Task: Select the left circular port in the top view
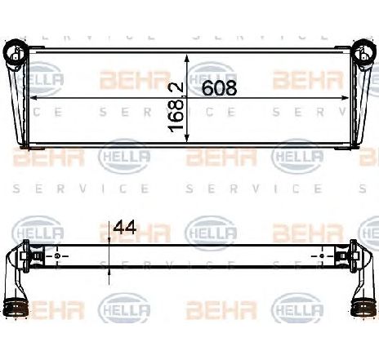(16, 55)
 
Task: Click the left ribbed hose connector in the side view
(16, 309)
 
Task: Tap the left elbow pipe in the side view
(14, 282)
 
